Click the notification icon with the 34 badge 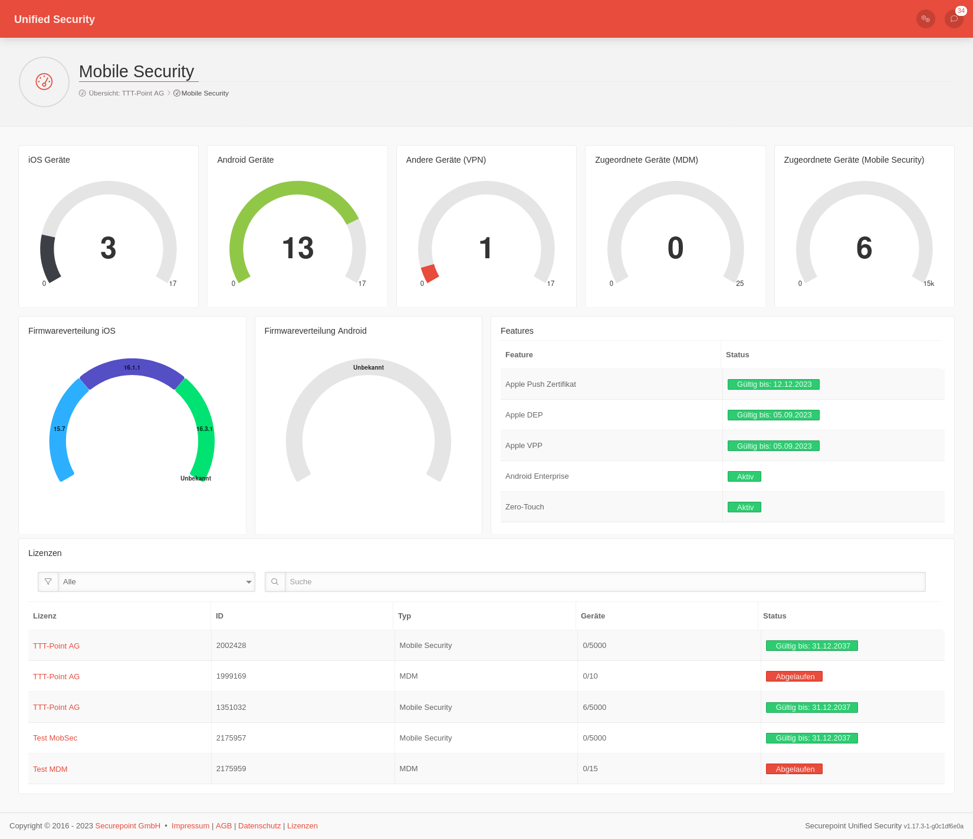click(954, 19)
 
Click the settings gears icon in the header click(925, 19)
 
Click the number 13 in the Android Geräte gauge click(298, 248)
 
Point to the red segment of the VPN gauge click(429, 274)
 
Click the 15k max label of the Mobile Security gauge click(928, 284)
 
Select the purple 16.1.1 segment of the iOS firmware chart click(132, 371)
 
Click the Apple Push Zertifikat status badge click(773, 384)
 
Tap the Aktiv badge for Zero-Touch click(744, 507)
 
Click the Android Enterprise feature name click(537, 476)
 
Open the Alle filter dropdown click(156, 582)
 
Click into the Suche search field click(604, 582)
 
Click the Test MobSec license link click(55, 738)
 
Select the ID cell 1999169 click(231, 676)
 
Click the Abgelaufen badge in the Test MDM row click(794, 769)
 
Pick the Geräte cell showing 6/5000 click(594, 707)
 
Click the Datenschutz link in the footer click(259, 826)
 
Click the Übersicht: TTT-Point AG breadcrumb click(126, 93)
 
